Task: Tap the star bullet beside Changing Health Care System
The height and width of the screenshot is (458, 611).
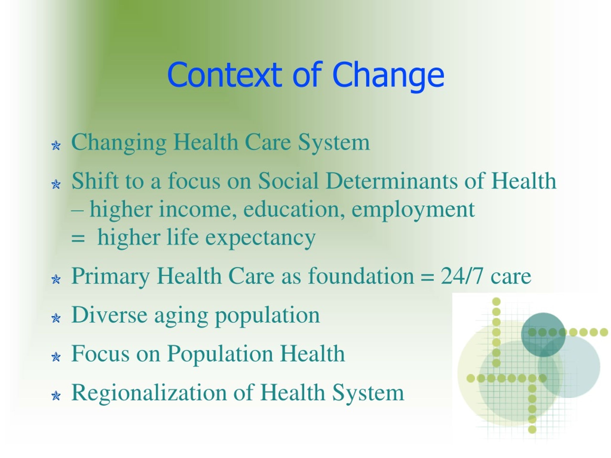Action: coord(56,145)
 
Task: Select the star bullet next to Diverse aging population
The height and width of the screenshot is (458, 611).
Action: coord(56,318)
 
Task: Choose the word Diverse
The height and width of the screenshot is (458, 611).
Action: coord(109,315)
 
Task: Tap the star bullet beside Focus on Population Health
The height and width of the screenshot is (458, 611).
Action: coord(56,357)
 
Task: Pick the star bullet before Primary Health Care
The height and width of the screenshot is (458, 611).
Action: coord(56,279)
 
